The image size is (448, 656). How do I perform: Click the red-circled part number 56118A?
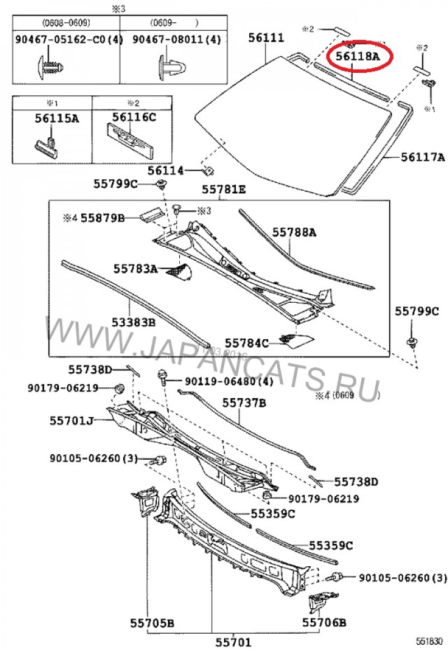pos(357,57)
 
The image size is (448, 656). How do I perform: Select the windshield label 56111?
pos(266,38)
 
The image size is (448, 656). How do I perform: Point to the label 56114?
pos(166,170)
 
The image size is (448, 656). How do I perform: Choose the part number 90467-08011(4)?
pos(176,40)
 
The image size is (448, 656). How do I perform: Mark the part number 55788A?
pos(295,232)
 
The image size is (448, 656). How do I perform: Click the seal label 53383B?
pos(133,322)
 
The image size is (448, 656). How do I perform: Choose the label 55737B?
pos(244,403)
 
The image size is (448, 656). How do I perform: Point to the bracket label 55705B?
pos(152,622)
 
